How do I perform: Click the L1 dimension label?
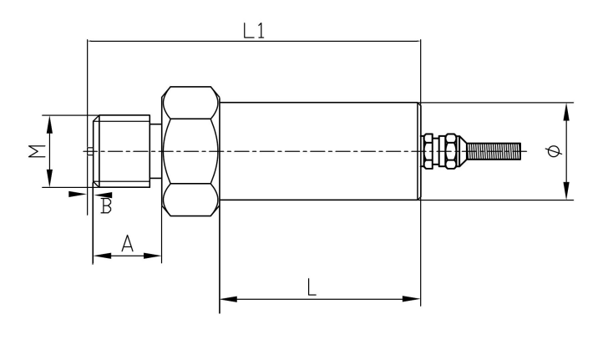point(255,31)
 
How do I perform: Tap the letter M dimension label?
point(33,151)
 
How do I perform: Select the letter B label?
point(106,206)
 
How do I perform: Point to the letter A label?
point(127,243)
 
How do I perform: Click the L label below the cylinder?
point(312,286)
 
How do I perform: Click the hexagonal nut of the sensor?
point(191,150)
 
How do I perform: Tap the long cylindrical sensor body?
point(319,150)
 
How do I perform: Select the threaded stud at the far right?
point(494,151)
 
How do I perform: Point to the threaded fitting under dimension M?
point(125,150)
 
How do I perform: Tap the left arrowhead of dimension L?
point(225,298)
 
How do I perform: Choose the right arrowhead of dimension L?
point(414,298)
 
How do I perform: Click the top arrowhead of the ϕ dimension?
point(568,109)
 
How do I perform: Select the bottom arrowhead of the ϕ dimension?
point(568,194)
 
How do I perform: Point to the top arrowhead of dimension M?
point(49,121)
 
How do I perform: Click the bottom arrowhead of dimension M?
point(49,181)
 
